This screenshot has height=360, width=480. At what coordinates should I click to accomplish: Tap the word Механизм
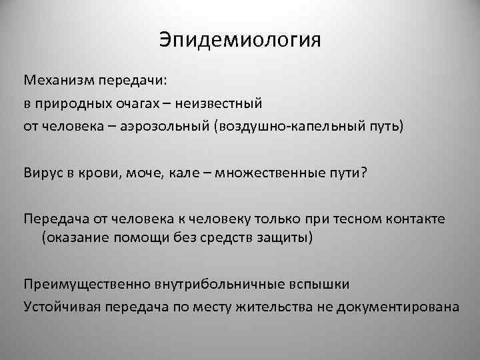[58, 81]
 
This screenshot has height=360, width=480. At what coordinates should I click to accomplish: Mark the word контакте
[423, 219]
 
